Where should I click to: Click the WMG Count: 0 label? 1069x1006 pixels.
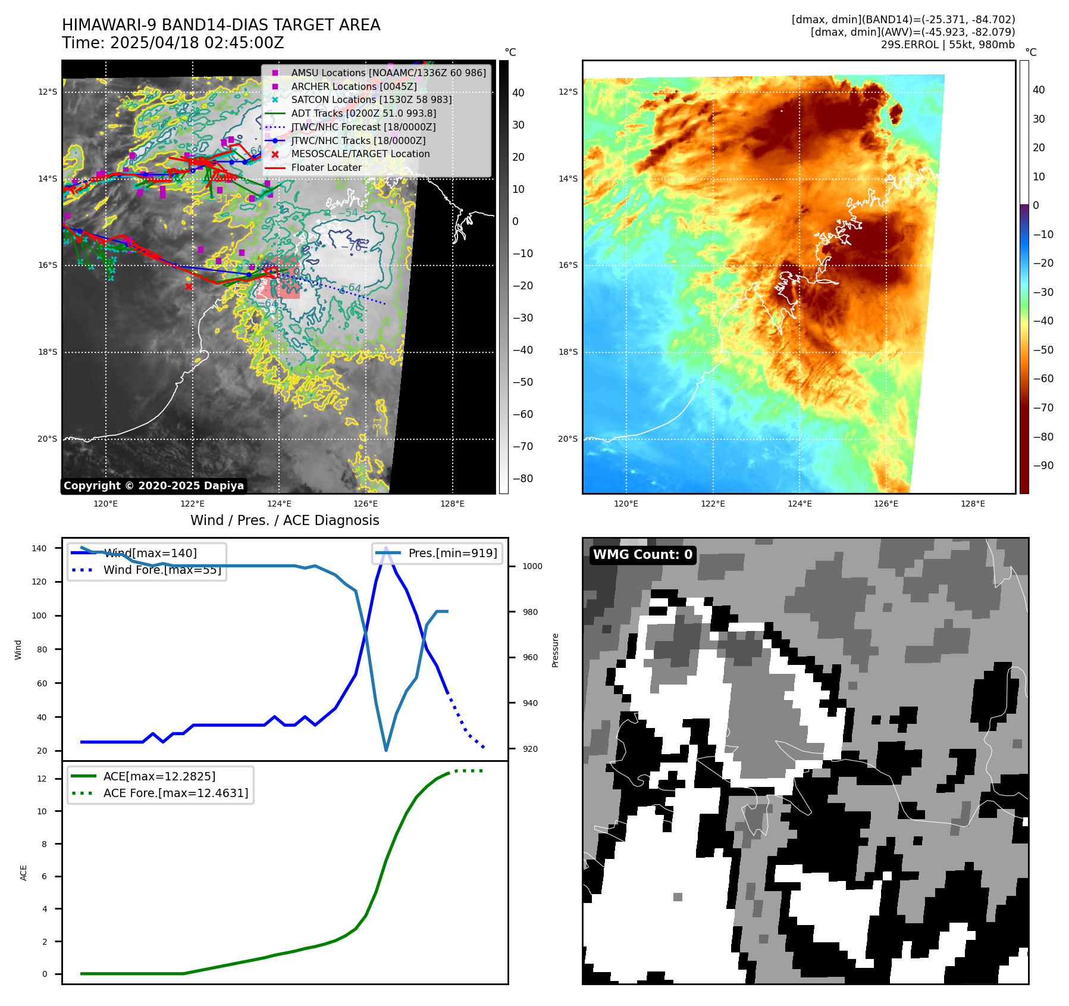642,555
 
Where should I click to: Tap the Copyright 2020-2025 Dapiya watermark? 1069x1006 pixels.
153,486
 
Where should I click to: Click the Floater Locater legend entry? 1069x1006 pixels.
326,168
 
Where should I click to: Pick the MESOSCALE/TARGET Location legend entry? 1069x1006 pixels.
360,154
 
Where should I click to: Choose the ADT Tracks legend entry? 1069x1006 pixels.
363,113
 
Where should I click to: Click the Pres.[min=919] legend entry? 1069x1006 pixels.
452,553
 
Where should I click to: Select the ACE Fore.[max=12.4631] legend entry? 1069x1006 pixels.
175,793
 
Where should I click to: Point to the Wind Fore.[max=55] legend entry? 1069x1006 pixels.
162,570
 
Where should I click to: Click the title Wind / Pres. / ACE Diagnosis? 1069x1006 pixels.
284,520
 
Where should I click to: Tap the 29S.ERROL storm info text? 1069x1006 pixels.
948,45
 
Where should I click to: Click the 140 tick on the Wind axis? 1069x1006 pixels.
39,548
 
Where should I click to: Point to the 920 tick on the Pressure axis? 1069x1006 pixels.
530,749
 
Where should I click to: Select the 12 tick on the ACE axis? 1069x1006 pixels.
42,779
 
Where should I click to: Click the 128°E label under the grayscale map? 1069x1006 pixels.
452,504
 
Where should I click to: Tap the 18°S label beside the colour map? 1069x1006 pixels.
568,352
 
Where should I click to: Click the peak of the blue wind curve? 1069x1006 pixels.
386,548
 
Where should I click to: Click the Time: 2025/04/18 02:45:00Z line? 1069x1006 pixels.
173,43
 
